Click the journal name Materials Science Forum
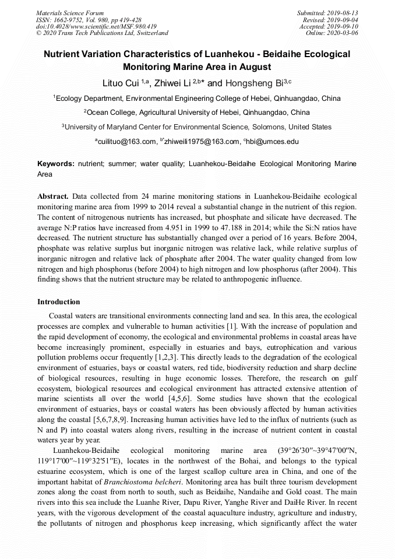70,13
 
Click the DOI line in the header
96,26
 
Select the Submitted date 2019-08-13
327,13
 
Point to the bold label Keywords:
56,164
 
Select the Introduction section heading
59,302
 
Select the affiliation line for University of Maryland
197,126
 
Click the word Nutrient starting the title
64,54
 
